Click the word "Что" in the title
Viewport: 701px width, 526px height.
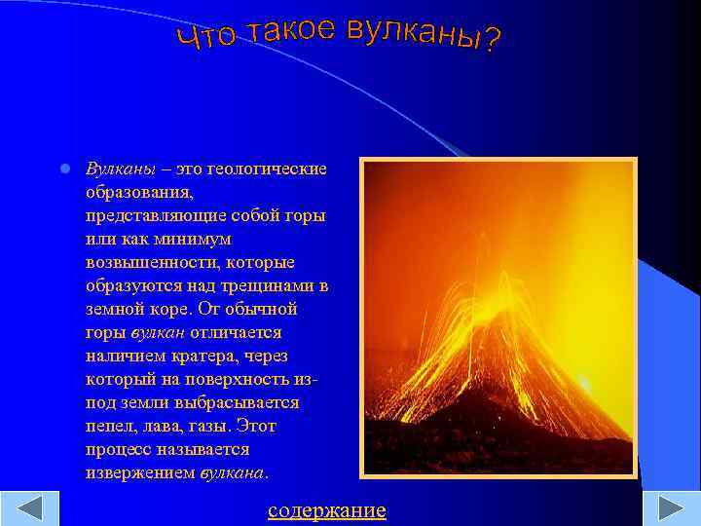206,36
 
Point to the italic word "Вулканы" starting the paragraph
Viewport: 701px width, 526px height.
116,169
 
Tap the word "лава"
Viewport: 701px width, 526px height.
159,426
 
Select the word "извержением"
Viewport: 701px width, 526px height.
140,472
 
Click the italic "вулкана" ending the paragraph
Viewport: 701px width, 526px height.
233,472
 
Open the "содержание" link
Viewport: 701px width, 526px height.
327,510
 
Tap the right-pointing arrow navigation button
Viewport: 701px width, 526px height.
672,509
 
